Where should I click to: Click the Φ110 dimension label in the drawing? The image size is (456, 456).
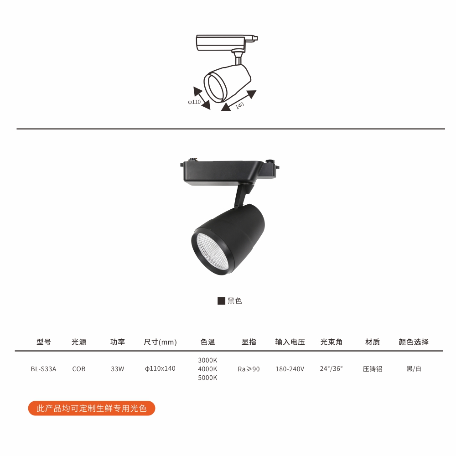click(194, 102)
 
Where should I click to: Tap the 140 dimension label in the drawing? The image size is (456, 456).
click(239, 105)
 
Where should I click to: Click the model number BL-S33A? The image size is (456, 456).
click(43, 369)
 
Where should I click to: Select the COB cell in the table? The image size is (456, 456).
click(79, 369)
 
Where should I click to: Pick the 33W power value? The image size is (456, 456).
click(118, 369)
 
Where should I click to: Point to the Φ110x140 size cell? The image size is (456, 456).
click(160, 368)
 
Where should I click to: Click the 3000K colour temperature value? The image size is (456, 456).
click(207, 360)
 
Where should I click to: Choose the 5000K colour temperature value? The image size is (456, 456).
click(207, 378)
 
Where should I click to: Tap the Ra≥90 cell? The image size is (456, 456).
click(249, 369)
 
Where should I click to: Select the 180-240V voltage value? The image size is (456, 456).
click(290, 369)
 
